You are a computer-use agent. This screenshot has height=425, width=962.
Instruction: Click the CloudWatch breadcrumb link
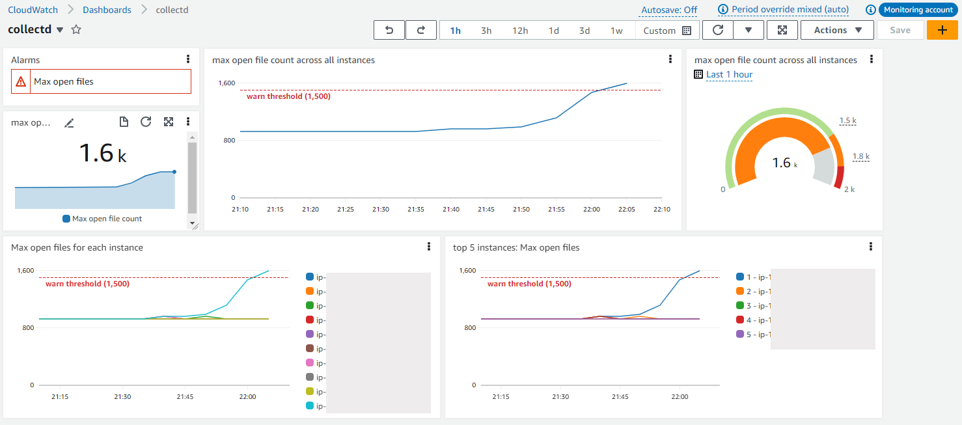coord(33,10)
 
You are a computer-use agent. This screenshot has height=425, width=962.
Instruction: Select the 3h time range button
coord(486,31)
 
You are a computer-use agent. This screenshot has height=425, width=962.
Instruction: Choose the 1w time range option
coord(616,31)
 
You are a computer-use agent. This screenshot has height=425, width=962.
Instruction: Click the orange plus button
coord(942,30)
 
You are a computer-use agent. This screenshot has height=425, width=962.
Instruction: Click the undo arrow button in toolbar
coord(389,30)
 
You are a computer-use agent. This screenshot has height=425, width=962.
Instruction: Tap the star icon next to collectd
coord(76,30)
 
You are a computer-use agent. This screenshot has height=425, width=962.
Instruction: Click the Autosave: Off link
coord(669,10)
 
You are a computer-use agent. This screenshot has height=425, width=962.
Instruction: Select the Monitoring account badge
coord(918,10)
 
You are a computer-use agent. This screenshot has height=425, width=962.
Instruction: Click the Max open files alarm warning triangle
coord(21,82)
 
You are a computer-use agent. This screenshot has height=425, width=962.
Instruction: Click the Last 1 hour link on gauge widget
coord(729,74)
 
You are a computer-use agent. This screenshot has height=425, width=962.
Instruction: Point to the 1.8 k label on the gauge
coord(860,156)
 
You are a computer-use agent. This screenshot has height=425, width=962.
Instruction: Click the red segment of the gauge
coord(839,176)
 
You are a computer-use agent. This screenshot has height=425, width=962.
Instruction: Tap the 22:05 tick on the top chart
coord(625,209)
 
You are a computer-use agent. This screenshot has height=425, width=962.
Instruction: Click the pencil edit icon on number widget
coord(69,122)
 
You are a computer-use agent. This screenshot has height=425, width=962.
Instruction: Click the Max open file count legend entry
coord(102,219)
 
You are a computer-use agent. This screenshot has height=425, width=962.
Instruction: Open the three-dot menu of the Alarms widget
coord(188,59)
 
